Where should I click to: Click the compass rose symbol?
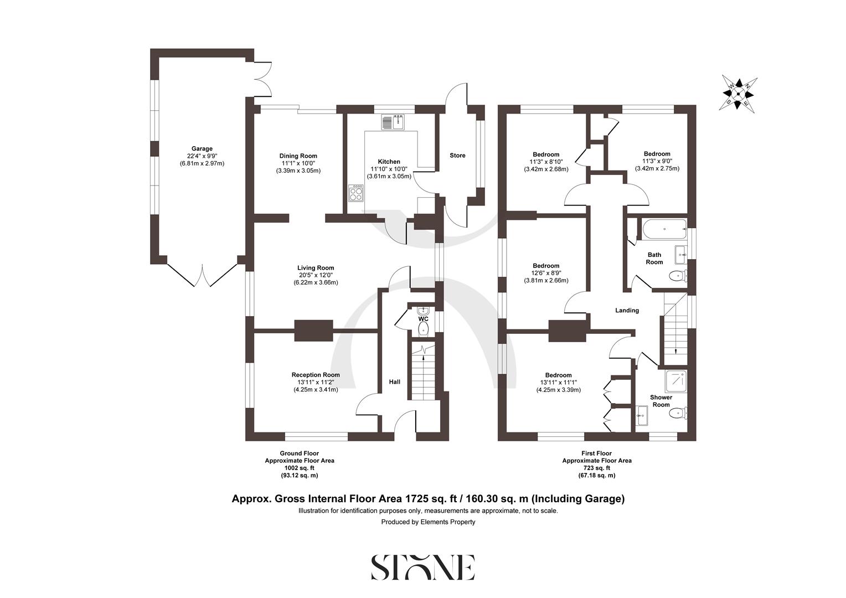(739, 94)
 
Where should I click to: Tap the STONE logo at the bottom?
(422, 567)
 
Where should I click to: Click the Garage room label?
(202, 149)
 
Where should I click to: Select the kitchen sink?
(394, 122)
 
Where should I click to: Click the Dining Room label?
(298, 156)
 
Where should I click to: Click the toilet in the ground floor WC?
(424, 329)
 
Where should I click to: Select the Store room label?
(457, 156)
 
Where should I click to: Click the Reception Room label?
(316, 375)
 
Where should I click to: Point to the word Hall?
(394, 382)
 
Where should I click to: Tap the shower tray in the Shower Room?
(675, 381)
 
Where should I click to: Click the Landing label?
(627, 311)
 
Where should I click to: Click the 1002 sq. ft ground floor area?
(299, 468)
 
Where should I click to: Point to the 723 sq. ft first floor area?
(596, 468)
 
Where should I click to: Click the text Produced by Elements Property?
(428, 522)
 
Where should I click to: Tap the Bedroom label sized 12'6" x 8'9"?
(546, 266)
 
